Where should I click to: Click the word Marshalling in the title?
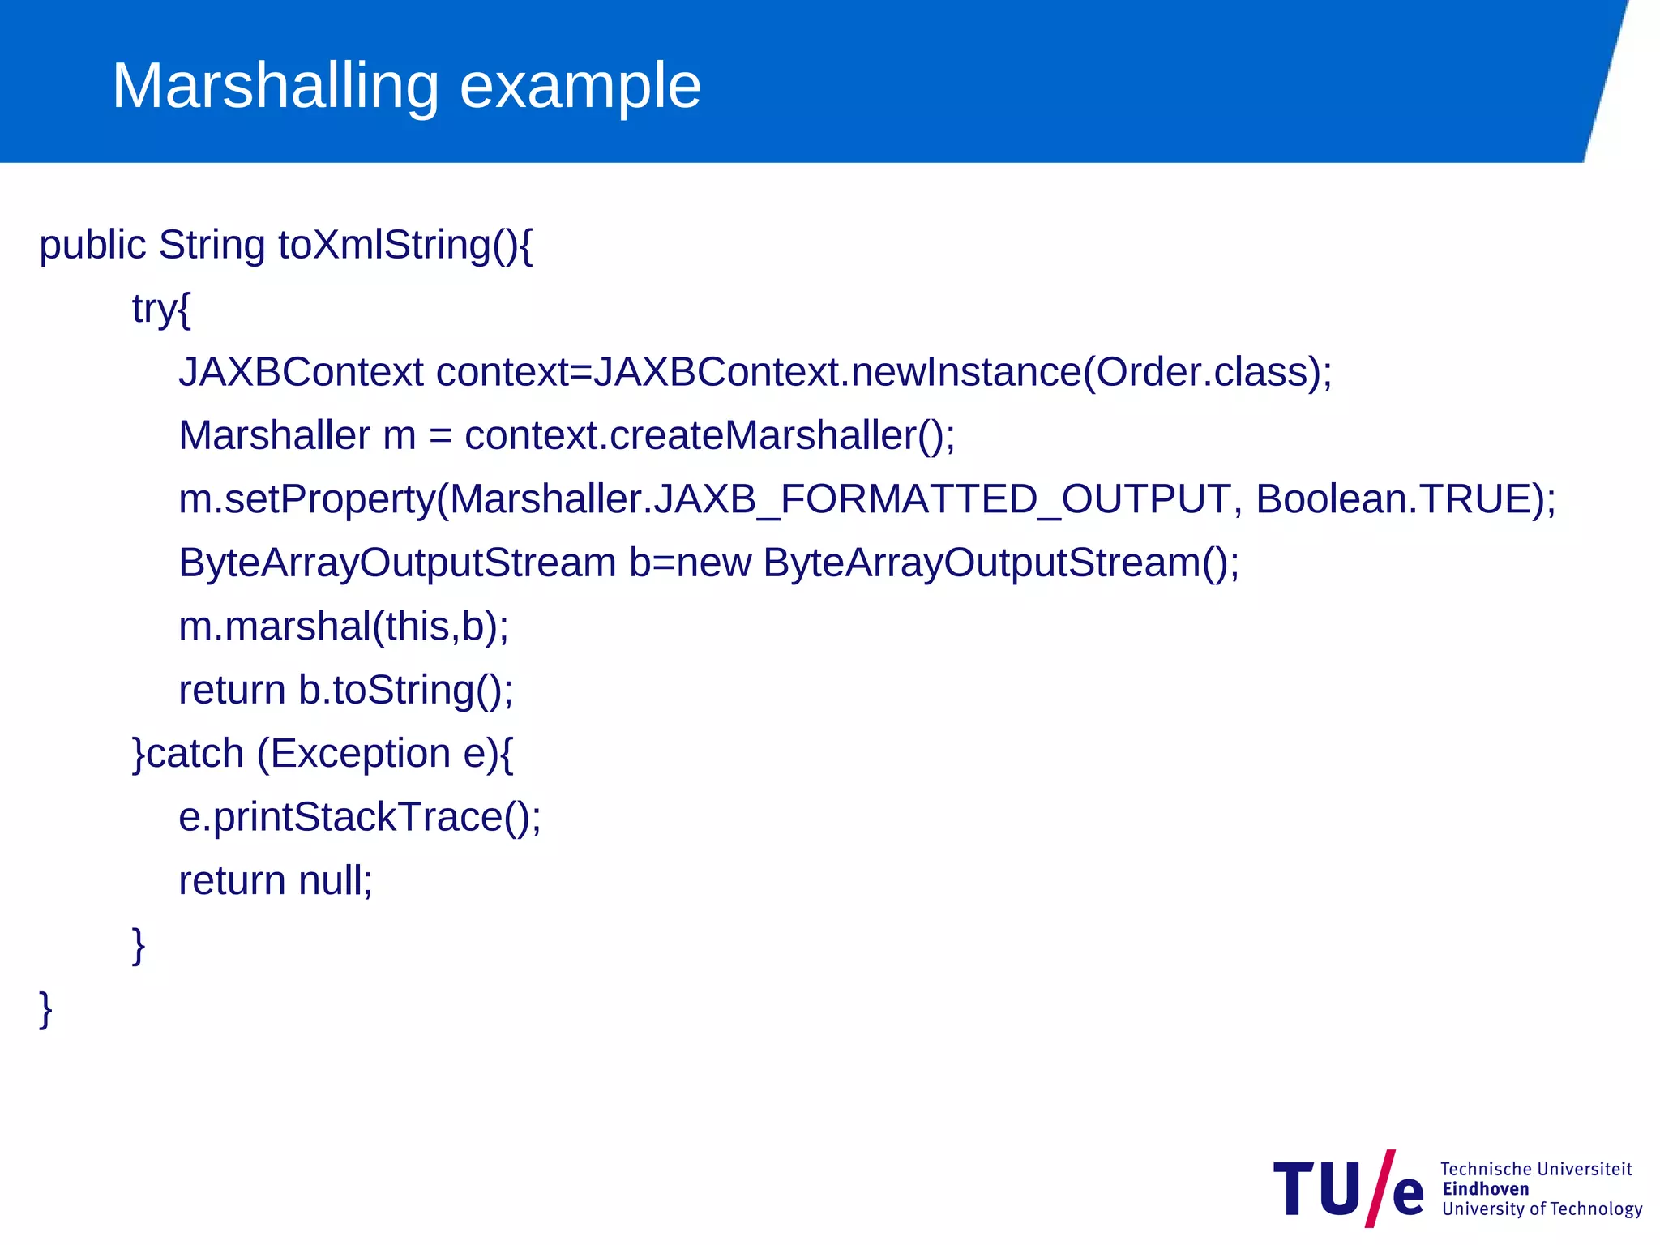(276, 86)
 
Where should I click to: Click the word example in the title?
(580, 86)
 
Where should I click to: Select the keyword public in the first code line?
(92, 245)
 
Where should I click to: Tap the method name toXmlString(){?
(405, 245)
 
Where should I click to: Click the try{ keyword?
(161, 309)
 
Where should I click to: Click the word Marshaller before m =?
(274, 435)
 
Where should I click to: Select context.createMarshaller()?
(709, 435)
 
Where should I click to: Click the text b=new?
(690, 563)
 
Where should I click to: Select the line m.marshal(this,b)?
(344, 626)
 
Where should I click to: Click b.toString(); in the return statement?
(405, 690)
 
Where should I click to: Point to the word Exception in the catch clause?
(360, 753)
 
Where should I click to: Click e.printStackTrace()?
(359, 816)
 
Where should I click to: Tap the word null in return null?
(335, 880)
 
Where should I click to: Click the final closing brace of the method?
(46, 1008)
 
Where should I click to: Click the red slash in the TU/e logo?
(1380, 1188)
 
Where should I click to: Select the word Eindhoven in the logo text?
(1485, 1189)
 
